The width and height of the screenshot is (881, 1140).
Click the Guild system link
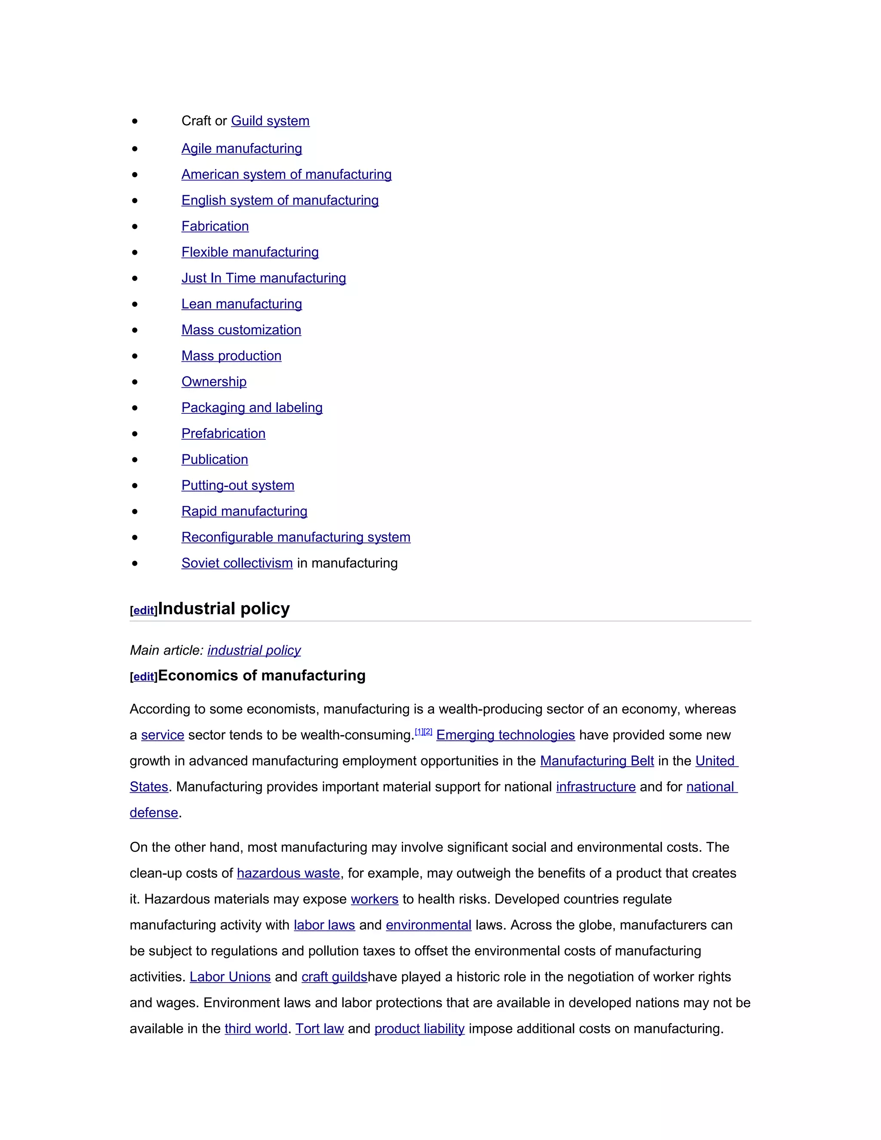(x=270, y=121)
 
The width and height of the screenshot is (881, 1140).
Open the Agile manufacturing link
(x=242, y=149)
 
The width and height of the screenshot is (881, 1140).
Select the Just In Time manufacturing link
(x=264, y=278)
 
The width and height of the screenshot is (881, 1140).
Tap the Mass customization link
(x=241, y=330)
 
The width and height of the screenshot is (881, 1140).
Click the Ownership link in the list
(x=214, y=382)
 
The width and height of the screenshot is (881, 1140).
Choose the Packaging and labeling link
(x=252, y=408)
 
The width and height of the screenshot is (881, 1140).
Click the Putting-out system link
(x=237, y=485)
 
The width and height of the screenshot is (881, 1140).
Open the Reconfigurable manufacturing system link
(x=296, y=537)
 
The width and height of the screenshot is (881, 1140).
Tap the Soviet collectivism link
(x=237, y=563)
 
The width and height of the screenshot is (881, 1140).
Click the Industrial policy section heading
(x=223, y=609)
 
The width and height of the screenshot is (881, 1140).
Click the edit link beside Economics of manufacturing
(x=144, y=677)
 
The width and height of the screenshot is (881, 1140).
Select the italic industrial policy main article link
(x=254, y=650)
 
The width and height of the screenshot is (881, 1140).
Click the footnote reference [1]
(x=419, y=732)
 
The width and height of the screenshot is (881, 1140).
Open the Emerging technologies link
(x=505, y=735)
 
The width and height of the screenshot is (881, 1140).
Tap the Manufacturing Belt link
(x=597, y=761)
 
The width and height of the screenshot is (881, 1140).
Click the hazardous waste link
(x=288, y=873)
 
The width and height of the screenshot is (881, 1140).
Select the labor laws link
(x=324, y=925)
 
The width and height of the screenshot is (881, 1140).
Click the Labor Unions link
(x=230, y=977)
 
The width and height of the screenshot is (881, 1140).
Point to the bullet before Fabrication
(x=135, y=227)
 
